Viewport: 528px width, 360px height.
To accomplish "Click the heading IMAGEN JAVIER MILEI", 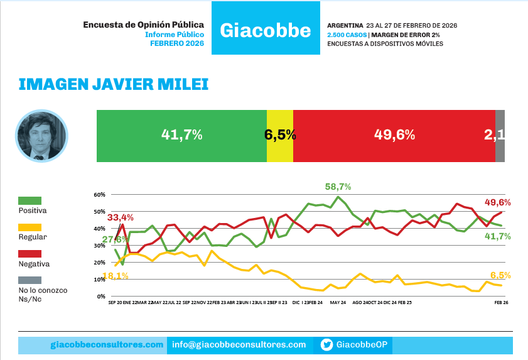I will click(x=114, y=84).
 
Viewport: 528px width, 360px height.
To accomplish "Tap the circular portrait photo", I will click(x=41, y=136).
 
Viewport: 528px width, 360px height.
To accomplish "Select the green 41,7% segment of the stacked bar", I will click(x=181, y=136).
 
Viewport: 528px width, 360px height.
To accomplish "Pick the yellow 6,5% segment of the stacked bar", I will click(x=280, y=136).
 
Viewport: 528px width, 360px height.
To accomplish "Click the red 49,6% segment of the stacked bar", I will click(x=394, y=136).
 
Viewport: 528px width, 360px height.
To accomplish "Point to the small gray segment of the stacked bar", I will click(x=500, y=136).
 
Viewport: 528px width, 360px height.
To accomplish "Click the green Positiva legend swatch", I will click(x=30, y=200).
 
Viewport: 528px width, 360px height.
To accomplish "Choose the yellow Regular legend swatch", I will click(x=30, y=227).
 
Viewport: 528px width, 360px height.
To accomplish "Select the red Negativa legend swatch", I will click(x=30, y=254).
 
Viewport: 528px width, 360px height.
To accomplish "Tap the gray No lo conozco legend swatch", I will click(x=30, y=280).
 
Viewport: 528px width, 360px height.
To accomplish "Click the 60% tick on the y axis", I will click(x=99, y=195).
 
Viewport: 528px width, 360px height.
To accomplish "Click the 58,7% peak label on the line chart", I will click(x=338, y=187).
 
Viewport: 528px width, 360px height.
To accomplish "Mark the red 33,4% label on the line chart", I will click(x=121, y=217).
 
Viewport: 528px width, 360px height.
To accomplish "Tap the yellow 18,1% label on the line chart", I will click(x=117, y=276).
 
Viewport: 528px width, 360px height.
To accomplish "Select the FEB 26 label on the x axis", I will click(x=500, y=303).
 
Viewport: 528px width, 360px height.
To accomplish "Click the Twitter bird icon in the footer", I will click(x=326, y=345).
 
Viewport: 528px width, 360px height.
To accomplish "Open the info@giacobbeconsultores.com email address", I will click(x=239, y=345).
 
